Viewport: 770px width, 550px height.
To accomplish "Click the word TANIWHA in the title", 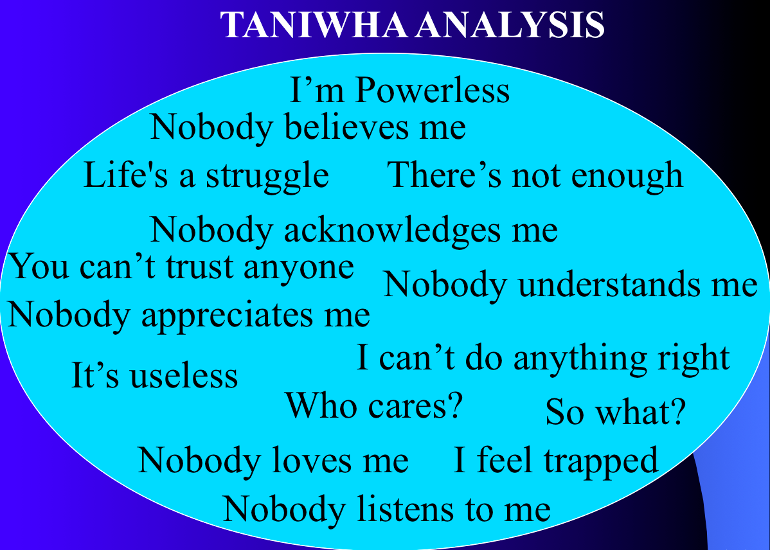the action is [313, 24].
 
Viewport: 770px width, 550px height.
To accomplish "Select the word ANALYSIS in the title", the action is [510, 24].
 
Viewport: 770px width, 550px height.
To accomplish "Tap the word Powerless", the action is [433, 91].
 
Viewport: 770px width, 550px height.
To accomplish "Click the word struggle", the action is [267, 176].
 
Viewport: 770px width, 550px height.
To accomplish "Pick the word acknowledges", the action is [392, 230].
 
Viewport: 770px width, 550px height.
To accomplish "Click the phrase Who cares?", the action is [374, 405].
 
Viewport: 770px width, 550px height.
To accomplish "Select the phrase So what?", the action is [615, 411].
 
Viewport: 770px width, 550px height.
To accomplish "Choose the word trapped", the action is [600, 461].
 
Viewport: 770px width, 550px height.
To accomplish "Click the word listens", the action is [405, 509].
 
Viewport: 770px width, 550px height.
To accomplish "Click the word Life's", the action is [126, 174].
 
